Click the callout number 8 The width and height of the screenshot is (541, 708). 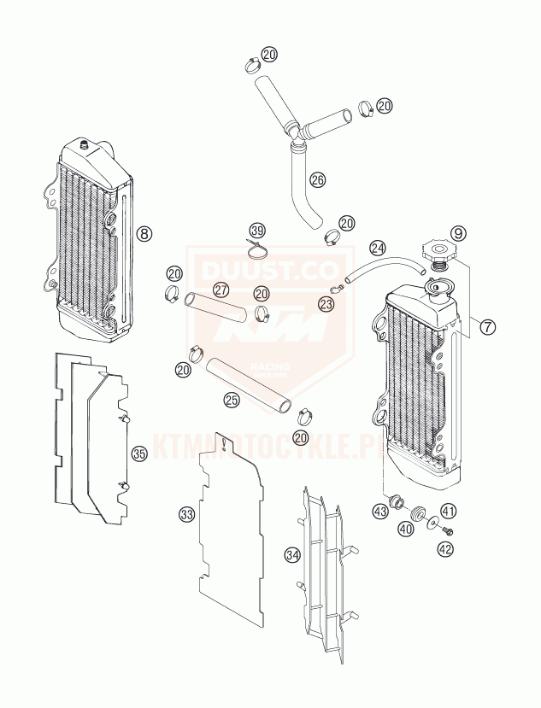[144, 232]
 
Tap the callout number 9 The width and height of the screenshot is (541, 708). [458, 232]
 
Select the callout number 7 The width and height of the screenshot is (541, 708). [487, 326]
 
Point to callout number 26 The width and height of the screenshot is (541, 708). [317, 180]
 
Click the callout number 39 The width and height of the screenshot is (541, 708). [257, 231]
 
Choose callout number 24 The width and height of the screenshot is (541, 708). [377, 249]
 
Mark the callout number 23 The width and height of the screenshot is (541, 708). [326, 303]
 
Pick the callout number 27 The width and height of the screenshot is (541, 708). [221, 290]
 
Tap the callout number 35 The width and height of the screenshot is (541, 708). [139, 453]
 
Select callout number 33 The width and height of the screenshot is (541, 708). [186, 514]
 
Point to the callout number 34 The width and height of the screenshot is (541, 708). [293, 555]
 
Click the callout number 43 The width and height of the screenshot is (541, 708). [379, 511]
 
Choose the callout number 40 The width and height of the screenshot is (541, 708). [405, 529]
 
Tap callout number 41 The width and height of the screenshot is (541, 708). [449, 511]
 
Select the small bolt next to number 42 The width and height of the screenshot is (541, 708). [446, 532]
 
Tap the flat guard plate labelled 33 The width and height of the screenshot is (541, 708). [231, 530]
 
